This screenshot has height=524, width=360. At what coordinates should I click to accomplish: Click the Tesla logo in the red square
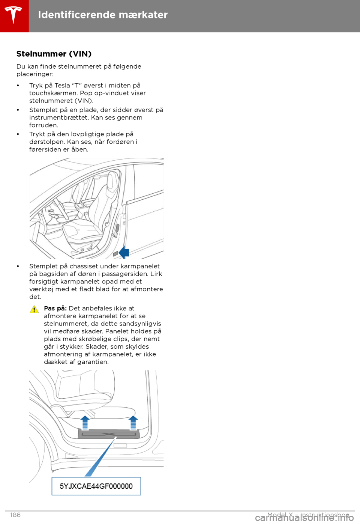pyautogui.click(x=14, y=15)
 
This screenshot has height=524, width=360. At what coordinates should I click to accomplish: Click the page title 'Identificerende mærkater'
pyautogui.click(x=103, y=15)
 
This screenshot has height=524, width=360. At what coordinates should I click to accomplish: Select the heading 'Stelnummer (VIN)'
pyautogui.click(x=54, y=54)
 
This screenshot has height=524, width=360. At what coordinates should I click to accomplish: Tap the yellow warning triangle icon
pyautogui.click(x=34, y=309)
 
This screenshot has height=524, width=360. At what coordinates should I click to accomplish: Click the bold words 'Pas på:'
pyautogui.click(x=55, y=309)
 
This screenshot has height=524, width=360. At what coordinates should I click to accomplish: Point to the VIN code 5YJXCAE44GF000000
pyautogui.click(x=96, y=486)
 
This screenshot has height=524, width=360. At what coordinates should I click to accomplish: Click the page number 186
pyautogui.click(x=15, y=515)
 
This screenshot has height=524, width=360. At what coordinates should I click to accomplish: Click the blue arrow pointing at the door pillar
pyautogui.click(x=124, y=253)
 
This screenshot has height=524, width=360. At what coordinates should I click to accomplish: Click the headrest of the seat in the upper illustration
pyautogui.click(x=112, y=179)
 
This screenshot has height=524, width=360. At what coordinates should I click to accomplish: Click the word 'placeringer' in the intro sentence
pyautogui.click(x=34, y=74)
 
